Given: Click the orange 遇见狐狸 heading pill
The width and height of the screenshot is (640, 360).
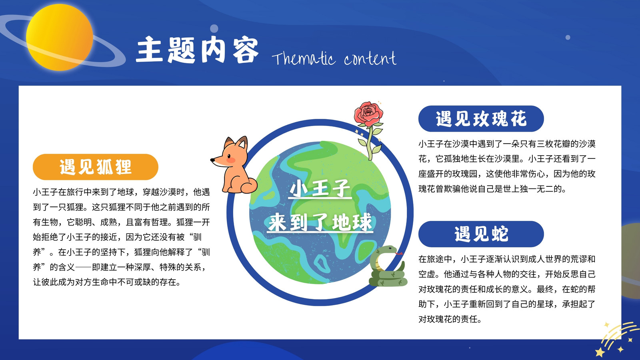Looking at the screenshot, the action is click(96, 167).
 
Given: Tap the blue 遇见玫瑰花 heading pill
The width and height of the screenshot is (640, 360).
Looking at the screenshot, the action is click(481, 118).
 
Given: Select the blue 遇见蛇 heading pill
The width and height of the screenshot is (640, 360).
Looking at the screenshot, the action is click(481, 234).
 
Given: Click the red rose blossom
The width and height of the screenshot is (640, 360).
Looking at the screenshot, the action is click(368, 114).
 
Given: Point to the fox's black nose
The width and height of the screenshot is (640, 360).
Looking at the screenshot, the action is click(212, 160).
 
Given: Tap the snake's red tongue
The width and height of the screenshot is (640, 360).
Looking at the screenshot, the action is click(399, 254).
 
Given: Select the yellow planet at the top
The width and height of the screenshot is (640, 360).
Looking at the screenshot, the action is click(60, 37).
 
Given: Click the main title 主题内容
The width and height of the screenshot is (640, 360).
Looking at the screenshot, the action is click(198, 50).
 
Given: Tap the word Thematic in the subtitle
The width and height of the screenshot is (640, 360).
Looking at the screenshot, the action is click(304, 58).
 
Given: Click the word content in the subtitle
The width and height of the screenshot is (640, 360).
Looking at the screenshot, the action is click(370, 58).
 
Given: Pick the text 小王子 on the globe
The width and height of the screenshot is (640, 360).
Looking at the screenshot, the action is click(320, 188).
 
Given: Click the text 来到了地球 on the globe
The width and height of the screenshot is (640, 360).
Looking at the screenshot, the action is click(320, 222).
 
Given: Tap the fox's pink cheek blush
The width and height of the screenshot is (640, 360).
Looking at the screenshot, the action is click(230, 160).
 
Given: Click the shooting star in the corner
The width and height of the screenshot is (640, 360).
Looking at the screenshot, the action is click(617, 340).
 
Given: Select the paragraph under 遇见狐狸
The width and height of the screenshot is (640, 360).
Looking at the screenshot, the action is click(122, 237).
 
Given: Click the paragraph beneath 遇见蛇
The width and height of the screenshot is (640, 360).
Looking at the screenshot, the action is click(507, 289).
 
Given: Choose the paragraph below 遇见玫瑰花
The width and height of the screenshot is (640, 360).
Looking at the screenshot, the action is click(507, 166).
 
